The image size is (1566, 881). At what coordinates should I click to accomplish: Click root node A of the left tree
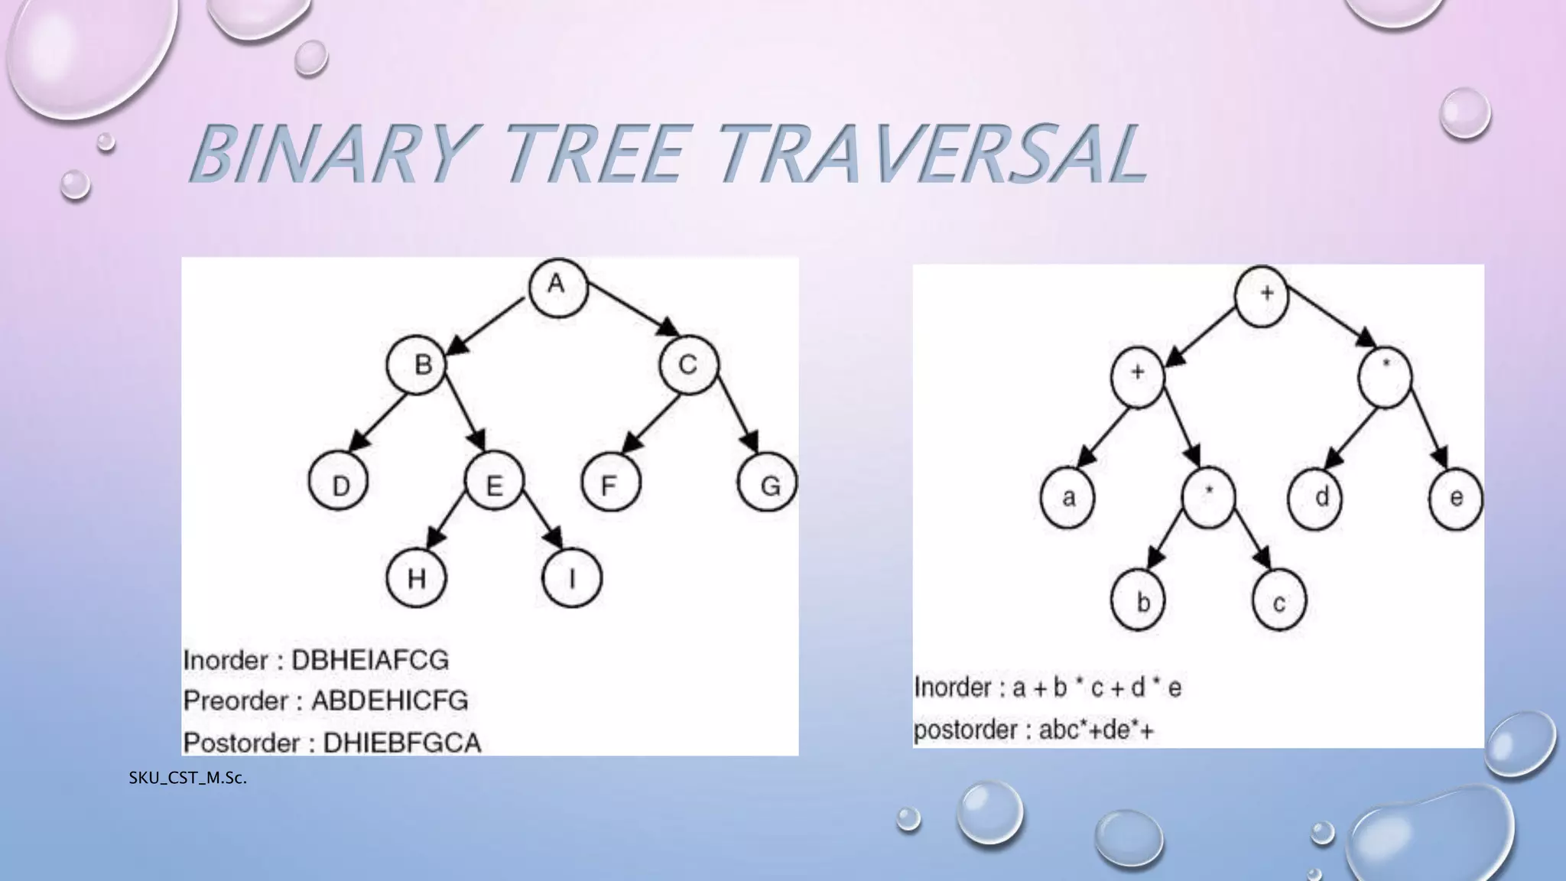click(557, 287)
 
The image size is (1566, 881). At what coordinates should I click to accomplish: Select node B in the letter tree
click(417, 365)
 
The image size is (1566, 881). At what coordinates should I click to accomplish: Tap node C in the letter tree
click(688, 365)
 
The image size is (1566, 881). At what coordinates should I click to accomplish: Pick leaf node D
click(338, 484)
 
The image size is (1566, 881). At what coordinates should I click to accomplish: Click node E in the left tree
click(495, 484)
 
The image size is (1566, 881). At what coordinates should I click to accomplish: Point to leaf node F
click(610, 484)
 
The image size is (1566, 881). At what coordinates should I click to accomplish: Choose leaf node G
click(768, 484)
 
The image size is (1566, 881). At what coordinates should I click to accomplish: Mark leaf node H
click(416, 578)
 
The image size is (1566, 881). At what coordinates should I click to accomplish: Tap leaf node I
click(572, 578)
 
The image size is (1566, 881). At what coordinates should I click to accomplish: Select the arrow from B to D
click(379, 423)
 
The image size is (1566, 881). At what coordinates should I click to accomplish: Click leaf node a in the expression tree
click(1068, 498)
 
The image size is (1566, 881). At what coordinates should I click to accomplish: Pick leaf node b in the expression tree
click(1139, 602)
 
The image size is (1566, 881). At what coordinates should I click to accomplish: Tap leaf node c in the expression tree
click(1279, 602)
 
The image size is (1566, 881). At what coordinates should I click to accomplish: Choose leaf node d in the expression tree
click(1317, 498)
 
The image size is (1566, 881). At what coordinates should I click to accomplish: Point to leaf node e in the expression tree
click(1456, 498)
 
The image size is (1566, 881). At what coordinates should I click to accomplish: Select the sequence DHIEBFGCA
click(402, 742)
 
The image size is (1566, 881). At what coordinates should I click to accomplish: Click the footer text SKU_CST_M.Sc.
click(187, 779)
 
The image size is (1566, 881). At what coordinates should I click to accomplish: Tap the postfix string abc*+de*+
click(1096, 730)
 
